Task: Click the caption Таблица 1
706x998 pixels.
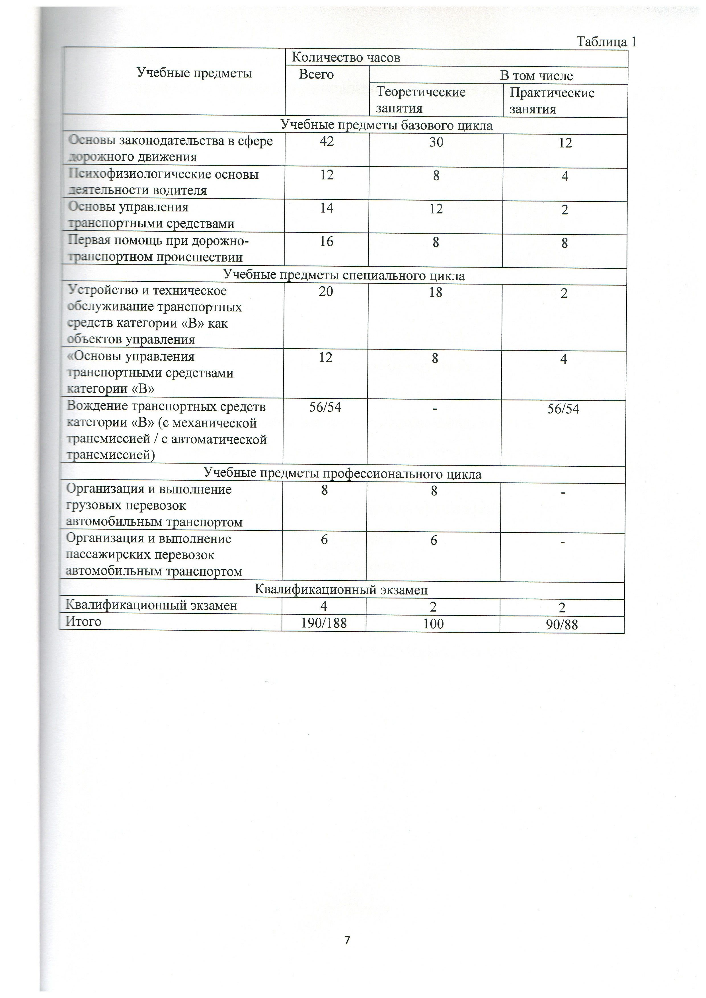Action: click(606, 42)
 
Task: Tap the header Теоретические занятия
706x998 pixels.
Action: click(420, 100)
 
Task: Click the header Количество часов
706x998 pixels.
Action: click(346, 57)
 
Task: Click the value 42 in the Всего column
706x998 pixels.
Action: click(327, 141)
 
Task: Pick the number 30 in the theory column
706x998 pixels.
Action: click(436, 142)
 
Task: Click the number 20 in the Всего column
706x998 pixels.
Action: click(326, 291)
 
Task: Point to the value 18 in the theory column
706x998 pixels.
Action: click(435, 292)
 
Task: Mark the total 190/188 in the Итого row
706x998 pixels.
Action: click(324, 623)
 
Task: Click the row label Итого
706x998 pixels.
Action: click(83, 622)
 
